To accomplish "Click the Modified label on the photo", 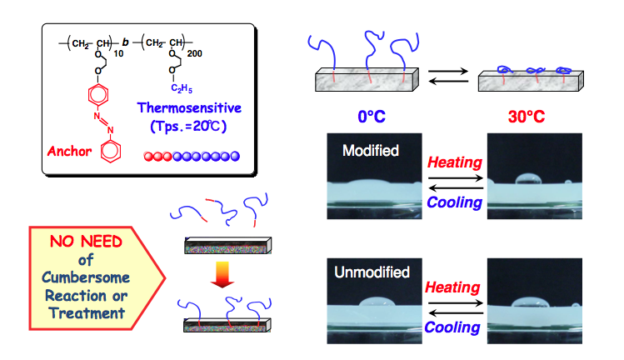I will click(x=370, y=150).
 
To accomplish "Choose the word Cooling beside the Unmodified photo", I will click(x=452, y=327).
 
